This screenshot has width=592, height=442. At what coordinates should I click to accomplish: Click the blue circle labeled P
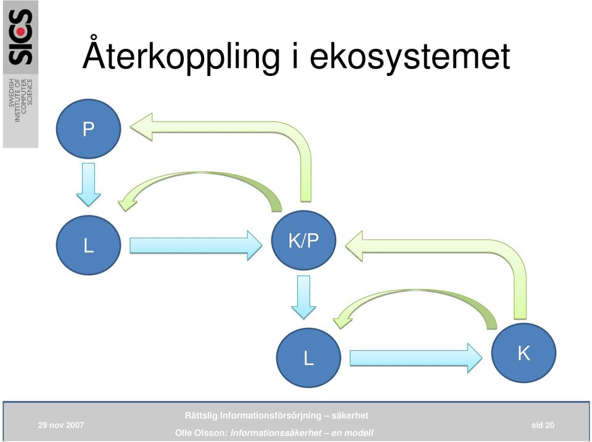coord(88,128)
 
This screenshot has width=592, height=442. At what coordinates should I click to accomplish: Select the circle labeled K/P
coord(303,240)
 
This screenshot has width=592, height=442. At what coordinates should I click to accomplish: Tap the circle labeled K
coord(524,352)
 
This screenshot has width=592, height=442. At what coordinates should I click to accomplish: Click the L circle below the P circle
coord(88,245)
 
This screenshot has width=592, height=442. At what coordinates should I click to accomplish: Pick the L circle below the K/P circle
coord(308,357)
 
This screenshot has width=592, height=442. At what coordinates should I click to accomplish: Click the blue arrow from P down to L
coord(88,185)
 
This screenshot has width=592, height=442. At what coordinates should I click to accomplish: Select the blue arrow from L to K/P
coord(195,246)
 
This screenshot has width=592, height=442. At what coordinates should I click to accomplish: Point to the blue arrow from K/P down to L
coord(303,297)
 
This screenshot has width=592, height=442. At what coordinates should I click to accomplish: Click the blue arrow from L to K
coord(416,358)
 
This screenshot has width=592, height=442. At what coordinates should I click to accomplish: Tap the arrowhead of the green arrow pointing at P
coord(142,127)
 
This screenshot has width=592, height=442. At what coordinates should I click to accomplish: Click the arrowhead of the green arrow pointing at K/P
coord(354,246)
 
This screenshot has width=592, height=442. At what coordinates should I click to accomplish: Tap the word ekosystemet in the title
coord(410,57)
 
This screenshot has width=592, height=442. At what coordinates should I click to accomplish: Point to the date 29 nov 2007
coord(61,425)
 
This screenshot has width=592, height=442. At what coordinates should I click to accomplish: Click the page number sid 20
coord(543,425)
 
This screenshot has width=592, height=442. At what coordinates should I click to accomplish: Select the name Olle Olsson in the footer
coord(201,433)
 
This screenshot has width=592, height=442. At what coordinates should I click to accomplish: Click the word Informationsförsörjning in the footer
coord(269,415)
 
